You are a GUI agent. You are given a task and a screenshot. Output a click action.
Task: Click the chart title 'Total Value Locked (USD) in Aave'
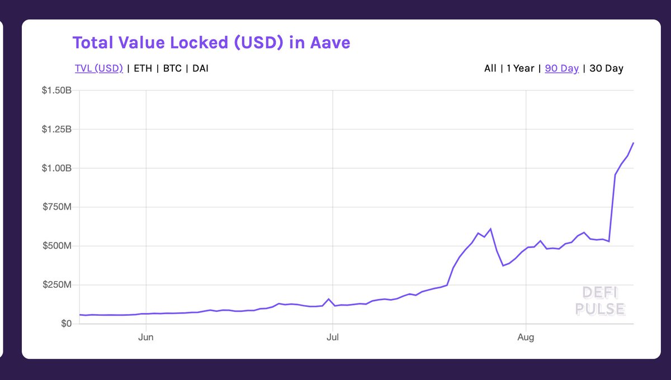tap(211, 42)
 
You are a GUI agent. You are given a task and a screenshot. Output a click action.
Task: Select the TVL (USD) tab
tap(98, 69)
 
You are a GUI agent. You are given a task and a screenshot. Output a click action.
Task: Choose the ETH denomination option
tap(143, 69)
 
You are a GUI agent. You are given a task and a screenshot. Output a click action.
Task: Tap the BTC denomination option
tap(172, 69)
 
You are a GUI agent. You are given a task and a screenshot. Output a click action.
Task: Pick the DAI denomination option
tap(201, 69)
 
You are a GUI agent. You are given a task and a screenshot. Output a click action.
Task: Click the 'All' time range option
tap(490, 69)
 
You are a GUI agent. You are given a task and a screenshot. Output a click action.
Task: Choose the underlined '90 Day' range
tap(561, 69)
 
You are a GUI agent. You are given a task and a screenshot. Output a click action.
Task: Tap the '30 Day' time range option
tap(606, 69)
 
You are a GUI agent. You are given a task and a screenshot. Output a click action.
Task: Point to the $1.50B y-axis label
tap(57, 91)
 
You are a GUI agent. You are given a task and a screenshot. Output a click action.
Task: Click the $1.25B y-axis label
tap(57, 130)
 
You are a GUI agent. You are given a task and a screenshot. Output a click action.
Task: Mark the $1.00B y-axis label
tap(57, 168)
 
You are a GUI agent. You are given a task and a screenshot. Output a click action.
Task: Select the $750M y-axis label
tap(59, 207)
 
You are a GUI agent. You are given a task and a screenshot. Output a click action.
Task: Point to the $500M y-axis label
tap(59, 246)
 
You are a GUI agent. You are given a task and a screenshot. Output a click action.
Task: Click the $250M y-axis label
tap(59, 285)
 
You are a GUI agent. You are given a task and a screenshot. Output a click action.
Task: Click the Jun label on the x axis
tap(146, 337)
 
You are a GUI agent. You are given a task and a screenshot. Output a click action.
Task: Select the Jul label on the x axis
tap(333, 337)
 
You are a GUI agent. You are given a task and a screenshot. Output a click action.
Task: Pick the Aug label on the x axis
tap(526, 337)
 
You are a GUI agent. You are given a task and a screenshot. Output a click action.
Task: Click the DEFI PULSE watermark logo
tap(603, 301)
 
